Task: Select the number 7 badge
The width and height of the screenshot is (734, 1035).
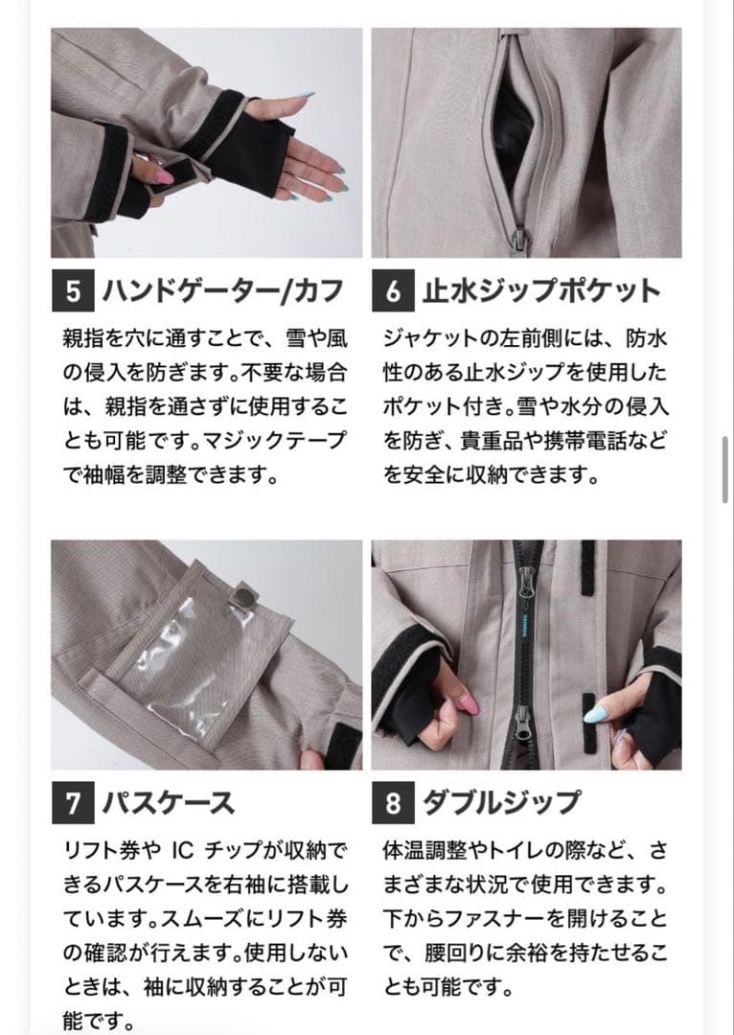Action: pos(73,803)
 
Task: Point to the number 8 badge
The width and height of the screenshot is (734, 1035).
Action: pos(393,803)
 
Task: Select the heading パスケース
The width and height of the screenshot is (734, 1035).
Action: pos(168,803)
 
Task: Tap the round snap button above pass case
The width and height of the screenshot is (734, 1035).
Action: pos(245,598)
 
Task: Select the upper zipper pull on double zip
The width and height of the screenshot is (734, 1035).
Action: pos(525,582)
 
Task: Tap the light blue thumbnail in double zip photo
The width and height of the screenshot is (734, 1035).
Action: pos(594,710)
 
